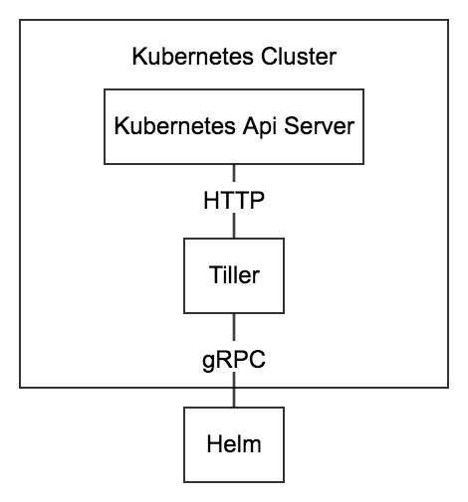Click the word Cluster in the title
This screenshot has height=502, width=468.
[299, 57]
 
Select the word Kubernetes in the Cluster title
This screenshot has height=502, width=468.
[193, 57]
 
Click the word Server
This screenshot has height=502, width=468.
[320, 126]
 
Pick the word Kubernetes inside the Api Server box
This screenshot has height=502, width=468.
[174, 126]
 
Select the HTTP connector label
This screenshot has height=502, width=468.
[234, 201]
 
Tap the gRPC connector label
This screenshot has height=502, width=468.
[234, 360]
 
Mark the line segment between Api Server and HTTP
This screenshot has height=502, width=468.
[234, 173]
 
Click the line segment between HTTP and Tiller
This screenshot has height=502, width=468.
[234, 226]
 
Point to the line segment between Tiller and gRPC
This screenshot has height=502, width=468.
[234, 327]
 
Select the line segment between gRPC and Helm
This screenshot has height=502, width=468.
[234, 390]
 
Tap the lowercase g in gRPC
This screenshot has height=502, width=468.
[208, 362]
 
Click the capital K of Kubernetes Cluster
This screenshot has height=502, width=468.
[139, 57]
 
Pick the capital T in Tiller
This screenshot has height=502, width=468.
[216, 275]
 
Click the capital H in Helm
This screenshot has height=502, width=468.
[214, 444]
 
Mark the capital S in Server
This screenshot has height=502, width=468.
[292, 126]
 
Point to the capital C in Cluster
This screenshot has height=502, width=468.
[269, 57]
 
